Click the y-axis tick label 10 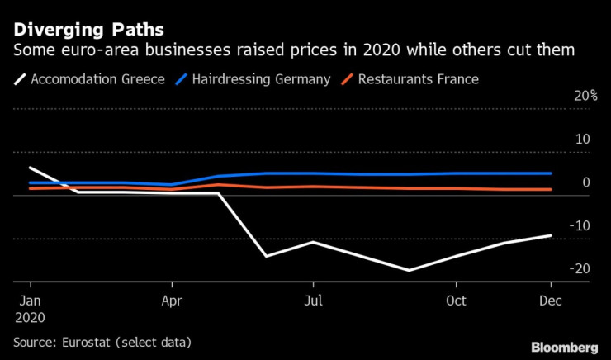coord(581,139)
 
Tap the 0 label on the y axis coord(585,182)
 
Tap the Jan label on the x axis coord(30,300)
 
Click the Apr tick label coord(171,300)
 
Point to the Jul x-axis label coord(313,300)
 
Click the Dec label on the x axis coord(550,300)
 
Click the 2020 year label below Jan coord(30,316)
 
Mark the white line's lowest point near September coord(408,270)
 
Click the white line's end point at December coord(551,235)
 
